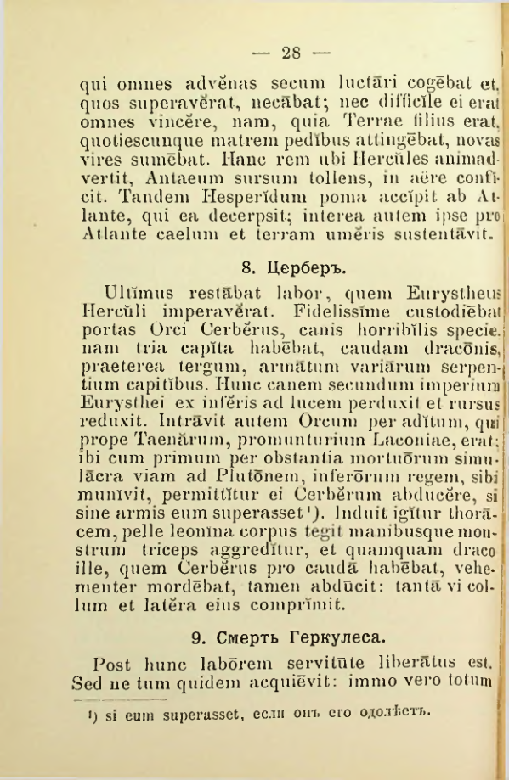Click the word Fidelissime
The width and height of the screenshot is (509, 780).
point(316,313)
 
